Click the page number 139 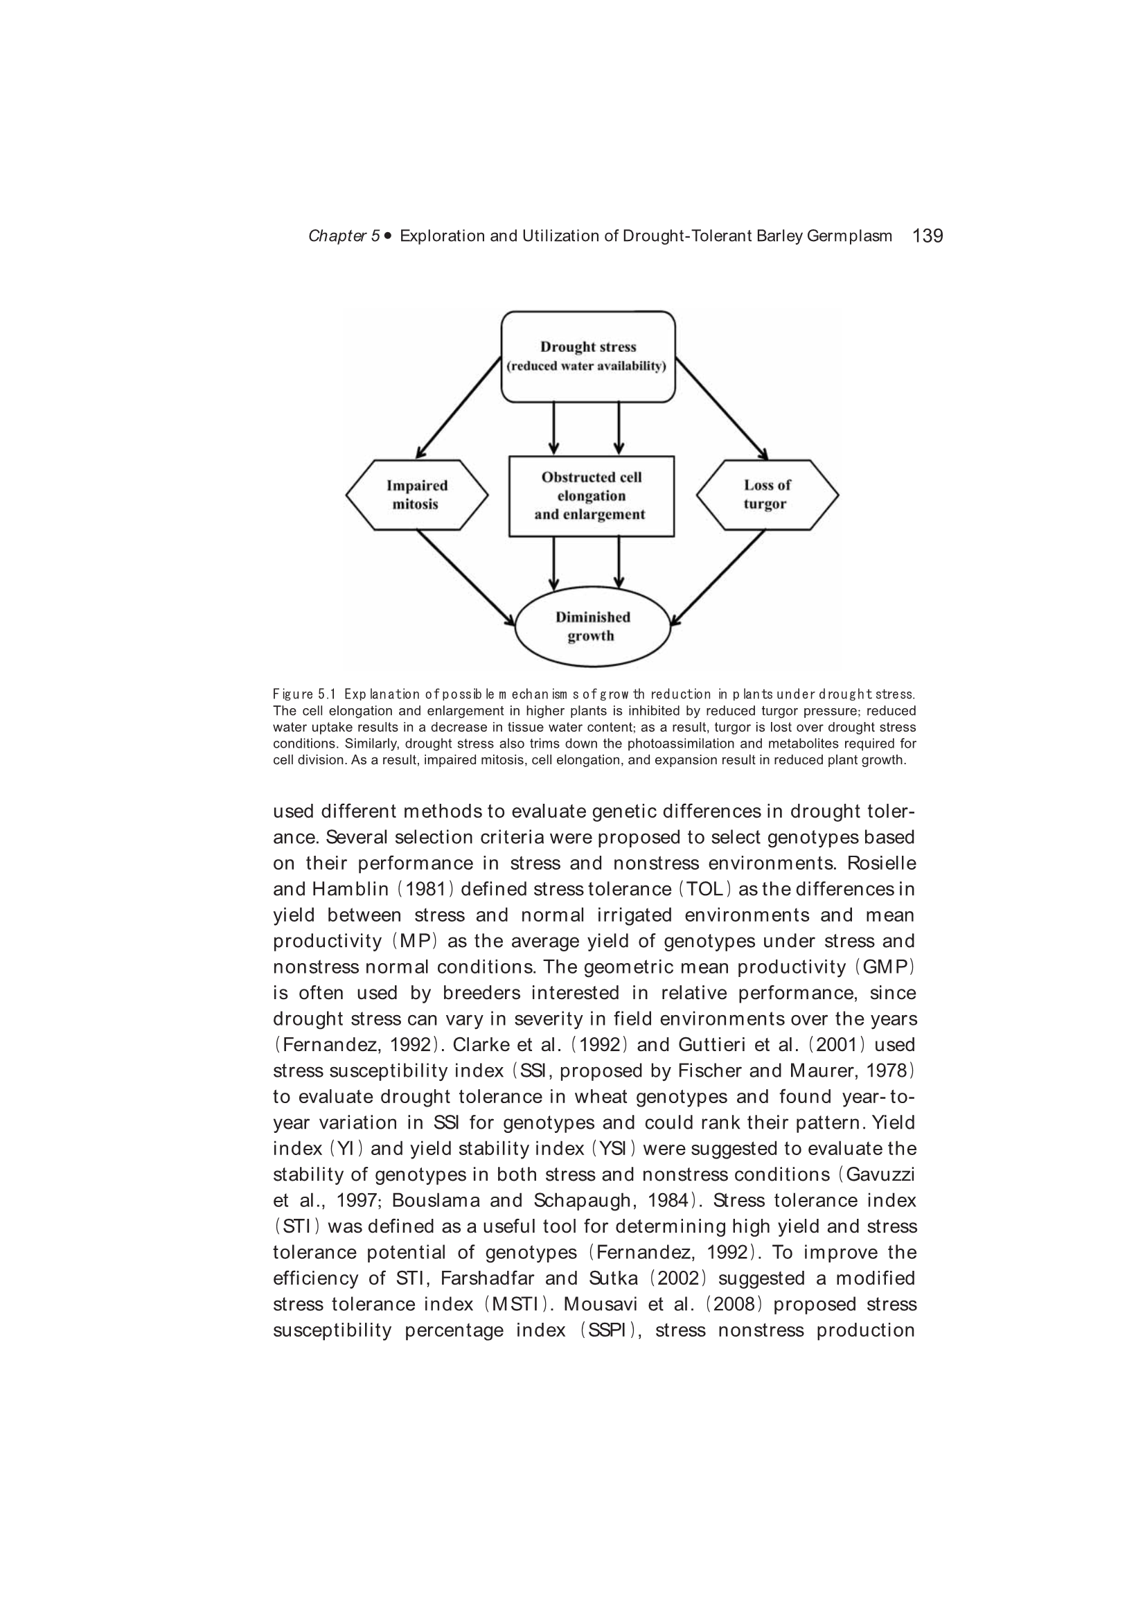pyautogui.click(x=927, y=236)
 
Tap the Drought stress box pyautogui.click(x=587, y=356)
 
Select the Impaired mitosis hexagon pyautogui.click(x=416, y=495)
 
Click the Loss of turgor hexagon pyautogui.click(x=767, y=495)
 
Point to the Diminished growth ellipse pyautogui.click(x=592, y=626)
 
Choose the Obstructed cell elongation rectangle pyautogui.click(x=591, y=495)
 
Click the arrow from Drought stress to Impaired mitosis pyautogui.click(x=459, y=407)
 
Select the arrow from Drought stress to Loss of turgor pyautogui.click(x=721, y=407)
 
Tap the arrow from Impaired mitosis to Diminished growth pyautogui.click(x=465, y=577)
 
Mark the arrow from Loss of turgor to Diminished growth pyautogui.click(x=718, y=577)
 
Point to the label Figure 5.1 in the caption pyautogui.click(x=304, y=694)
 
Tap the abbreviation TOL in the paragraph pyautogui.click(x=704, y=890)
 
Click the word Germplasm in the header pyautogui.click(x=849, y=236)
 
